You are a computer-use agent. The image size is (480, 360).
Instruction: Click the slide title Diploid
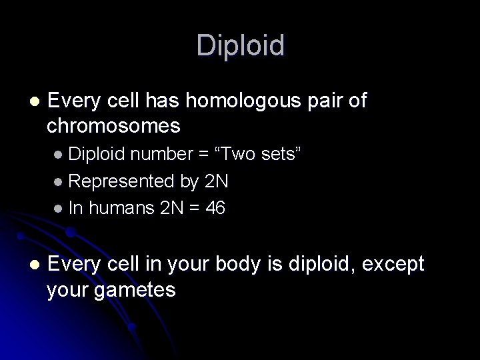point(240,45)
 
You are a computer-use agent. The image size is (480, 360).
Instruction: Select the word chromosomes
point(115,125)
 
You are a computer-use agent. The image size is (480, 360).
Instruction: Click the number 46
point(215,209)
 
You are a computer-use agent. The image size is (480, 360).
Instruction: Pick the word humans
point(123,209)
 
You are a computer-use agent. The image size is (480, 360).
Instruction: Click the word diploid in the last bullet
point(319,265)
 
